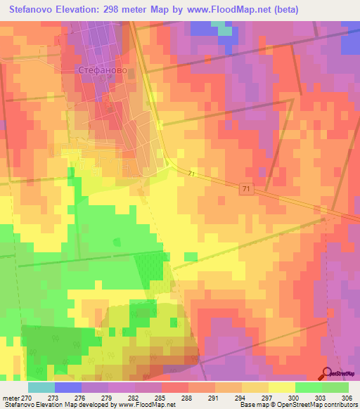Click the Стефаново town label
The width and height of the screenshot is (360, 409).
97,71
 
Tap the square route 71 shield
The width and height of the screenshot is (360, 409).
245,190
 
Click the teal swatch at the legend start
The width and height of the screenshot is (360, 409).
41,387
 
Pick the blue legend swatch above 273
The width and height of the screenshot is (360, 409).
68,387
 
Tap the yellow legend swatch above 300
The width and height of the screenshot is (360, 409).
281,387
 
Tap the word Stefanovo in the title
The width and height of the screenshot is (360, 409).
29,10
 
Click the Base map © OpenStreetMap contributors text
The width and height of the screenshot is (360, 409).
298,405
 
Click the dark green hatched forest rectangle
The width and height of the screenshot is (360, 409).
148,269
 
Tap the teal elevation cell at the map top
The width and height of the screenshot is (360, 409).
223,28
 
